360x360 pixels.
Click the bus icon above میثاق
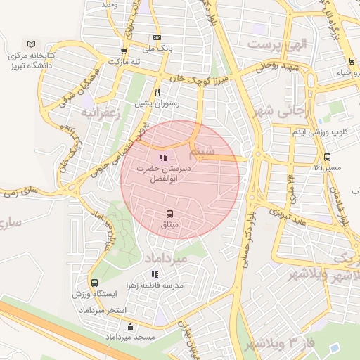[x=169, y=214]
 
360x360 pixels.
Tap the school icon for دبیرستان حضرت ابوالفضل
[x=163, y=158]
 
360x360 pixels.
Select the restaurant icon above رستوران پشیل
[x=157, y=92]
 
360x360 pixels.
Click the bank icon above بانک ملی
[x=156, y=38]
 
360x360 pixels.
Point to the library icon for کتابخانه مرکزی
[x=29, y=44]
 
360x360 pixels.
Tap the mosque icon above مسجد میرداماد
[x=129, y=327]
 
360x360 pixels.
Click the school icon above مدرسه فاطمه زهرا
[x=155, y=274]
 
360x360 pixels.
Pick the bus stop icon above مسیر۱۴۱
[x=327, y=157]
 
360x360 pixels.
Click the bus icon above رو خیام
[x=351, y=61]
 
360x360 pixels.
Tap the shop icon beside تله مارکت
[x=124, y=51]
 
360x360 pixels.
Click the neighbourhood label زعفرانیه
[x=101, y=112]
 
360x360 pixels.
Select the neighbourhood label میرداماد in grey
[x=167, y=259]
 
